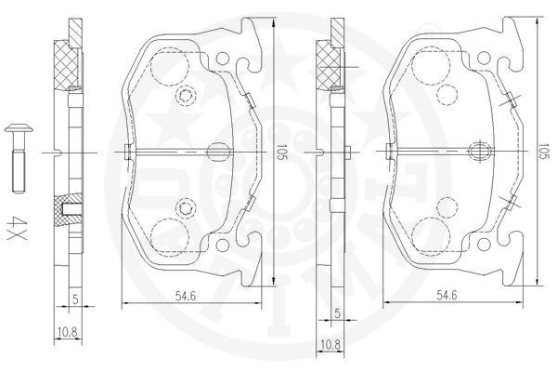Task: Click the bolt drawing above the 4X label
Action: (19, 157)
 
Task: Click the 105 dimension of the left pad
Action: (281, 152)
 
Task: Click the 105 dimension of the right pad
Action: (544, 152)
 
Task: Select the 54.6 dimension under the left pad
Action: (186, 295)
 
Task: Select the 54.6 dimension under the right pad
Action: (447, 295)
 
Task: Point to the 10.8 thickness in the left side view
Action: (68, 333)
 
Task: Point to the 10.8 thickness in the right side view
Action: (330, 344)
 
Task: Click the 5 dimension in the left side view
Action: (75, 299)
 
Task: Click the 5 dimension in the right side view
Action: (338, 313)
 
